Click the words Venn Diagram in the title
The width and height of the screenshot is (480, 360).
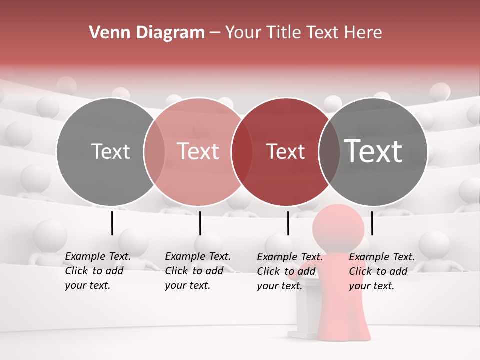coord(146,33)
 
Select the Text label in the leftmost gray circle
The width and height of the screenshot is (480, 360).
coord(110,151)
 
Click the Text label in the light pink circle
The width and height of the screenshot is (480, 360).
coord(198,151)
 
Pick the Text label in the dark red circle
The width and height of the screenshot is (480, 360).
coord(285,151)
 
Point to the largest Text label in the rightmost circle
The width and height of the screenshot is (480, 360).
coord(373,151)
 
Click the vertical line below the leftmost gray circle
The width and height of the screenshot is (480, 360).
coord(112,223)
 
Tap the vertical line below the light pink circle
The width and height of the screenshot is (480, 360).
coord(200,223)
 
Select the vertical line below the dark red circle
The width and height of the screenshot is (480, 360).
coord(288,223)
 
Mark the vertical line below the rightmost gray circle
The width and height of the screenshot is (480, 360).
coord(372,223)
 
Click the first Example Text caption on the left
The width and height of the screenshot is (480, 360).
coord(97,271)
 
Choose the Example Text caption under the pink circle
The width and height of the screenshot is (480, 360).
coord(197,271)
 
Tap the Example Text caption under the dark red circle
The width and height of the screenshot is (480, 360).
coord(289,271)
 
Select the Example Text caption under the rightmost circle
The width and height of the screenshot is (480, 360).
coord(381,271)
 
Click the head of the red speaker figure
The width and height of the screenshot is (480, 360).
coord(338,227)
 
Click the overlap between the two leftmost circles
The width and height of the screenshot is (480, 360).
coord(154,151)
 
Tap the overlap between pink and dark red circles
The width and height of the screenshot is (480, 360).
coord(241,151)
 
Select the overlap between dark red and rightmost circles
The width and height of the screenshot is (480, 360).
coord(328,151)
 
